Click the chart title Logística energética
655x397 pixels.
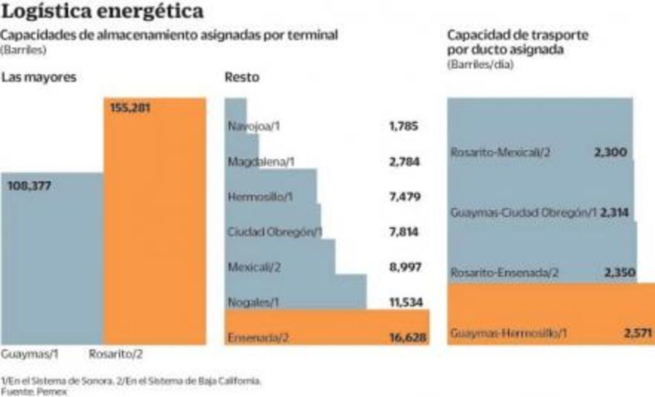coord(103,11)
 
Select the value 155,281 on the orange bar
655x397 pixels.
coord(129,108)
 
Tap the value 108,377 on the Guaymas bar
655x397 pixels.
coord(29,186)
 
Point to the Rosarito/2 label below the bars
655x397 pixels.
coord(116,354)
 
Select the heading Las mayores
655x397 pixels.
coord(38,77)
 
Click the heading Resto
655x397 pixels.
coord(242,77)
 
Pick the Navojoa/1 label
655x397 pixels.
coord(254,126)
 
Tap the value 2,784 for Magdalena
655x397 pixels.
coord(404,161)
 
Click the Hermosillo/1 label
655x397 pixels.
coord(260,197)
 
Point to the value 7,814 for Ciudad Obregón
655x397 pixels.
coord(404,232)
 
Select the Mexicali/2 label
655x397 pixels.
coord(254,267)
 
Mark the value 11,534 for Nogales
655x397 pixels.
coord(405,302)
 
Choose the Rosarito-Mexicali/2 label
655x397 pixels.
coord(500,152)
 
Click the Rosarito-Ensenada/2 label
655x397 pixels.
coord(505,273)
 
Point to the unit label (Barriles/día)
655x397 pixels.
coord(480,64)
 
